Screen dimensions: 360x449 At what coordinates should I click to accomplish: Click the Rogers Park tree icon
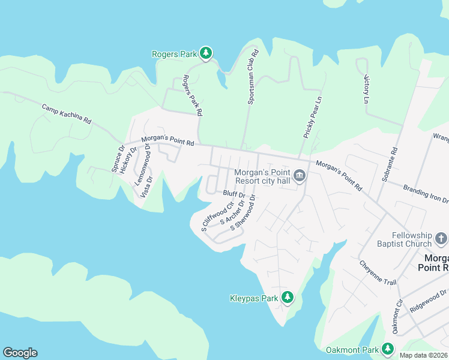pyautogui.click(x=206, y=53)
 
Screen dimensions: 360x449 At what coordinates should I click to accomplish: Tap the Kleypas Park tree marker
pyautogui.click(x=288, y=297)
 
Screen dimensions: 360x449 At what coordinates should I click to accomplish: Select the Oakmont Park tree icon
pyautogui.click(x=387, y=349)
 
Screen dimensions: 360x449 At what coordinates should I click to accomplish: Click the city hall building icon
pyautogui.click(x=300, y=176)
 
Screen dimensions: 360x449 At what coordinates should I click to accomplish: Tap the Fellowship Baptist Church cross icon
pyautogui.click(x=441, y=239)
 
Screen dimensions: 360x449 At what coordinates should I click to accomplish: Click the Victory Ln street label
pyautogui.click(x=367, y=89)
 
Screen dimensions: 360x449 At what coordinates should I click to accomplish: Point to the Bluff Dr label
pyautogui.click(x=234, y=194)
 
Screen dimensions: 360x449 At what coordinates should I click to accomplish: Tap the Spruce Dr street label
pyautogui.click(x=118, y=158)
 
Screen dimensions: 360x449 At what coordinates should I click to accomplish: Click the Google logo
pyautogui.click(x=20, y=353)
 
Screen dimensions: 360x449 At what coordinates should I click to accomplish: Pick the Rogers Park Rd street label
pyautogui.click(x=193, y=95)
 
